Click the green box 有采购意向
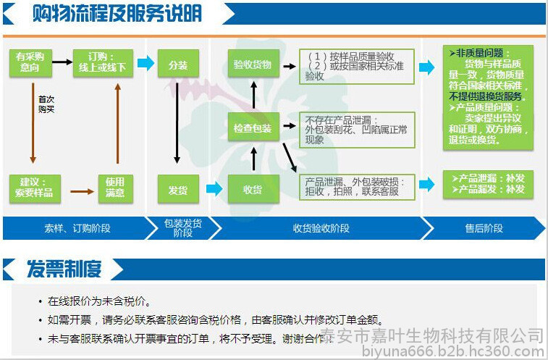(x=30, y=62)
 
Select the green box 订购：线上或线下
(x=103, y=62)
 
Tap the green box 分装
(x=177, y=65)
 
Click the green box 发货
(x=177, y=189)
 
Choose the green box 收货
(x=253, y=189)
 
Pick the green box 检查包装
(x=253, y=128)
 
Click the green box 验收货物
(x=253, y=64)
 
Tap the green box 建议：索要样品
(x=35, y=187)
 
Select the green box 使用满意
(x=115, y=187)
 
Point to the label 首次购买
(x=46, y=104)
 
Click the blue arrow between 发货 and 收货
(x=214, y=189)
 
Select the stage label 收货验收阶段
(x=321, y=228)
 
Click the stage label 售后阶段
(x=484, y=228)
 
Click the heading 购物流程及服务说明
(x=117, y=14)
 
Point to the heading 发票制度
(x=64, y=269)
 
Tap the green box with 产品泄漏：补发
(x=488, y=183)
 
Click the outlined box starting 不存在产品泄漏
(x=357, y=129)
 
